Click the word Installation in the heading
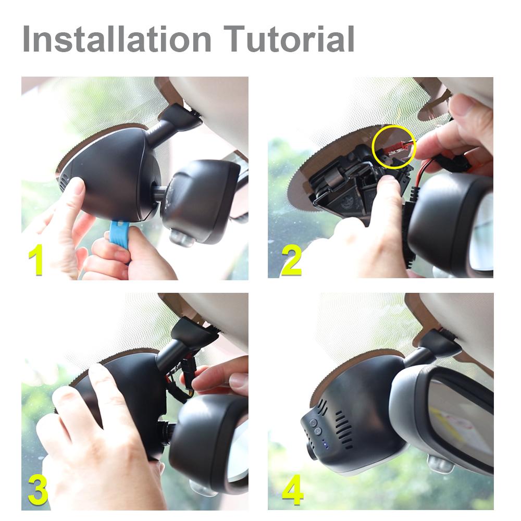point(117,39)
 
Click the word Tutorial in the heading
point(289,39)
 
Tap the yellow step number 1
point(36,259)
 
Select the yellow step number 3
point(38,489)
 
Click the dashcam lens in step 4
point(312,451)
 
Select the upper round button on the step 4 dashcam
point(313,423)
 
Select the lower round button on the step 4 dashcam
point(318,431)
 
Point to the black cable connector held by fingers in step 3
point(186,369)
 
